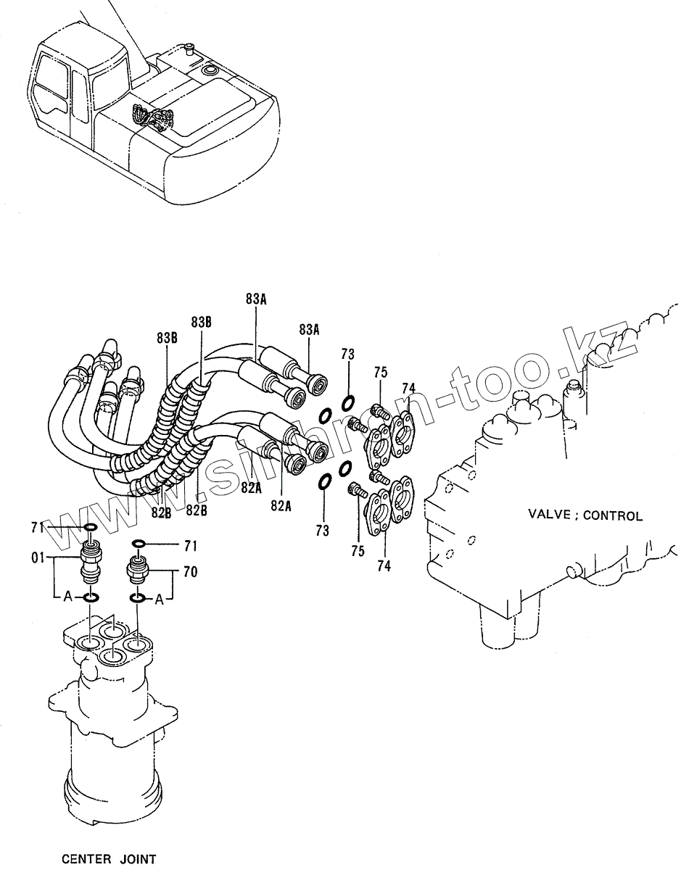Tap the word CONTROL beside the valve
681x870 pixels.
pyautogui.click(x=613, y=515)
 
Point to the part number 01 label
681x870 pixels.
pyautogui.click(x=38, y=558)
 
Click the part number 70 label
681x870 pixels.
pyautogui.click(x=191, y=572)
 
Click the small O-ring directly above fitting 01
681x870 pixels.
pyautogui.click(x=91, y=527)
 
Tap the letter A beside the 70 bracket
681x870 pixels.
pyautogui.click(x=160, y=600)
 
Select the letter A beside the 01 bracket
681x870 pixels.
pyautogui.click(x=67, y=597)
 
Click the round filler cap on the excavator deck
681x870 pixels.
pyautogui.click(x=209, y=70)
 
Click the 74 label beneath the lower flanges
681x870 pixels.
pyautogui.click(x=384, y=566)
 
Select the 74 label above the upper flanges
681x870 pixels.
pyautogui.click(x=408, y=388)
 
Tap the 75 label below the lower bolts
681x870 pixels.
pyautogui.click(x=358, y=551)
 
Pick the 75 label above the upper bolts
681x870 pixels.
pyautogui.click(x=381, y=373)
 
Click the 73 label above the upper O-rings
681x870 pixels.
pyautogui.click(x=348, y=355)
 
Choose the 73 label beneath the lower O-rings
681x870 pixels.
pyautogui.click(x=322, y=531)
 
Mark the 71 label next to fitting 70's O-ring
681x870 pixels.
pyautogui.click(x=191, y=546)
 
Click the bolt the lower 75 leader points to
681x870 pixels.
pyautogui.click(x=358, y=490)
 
